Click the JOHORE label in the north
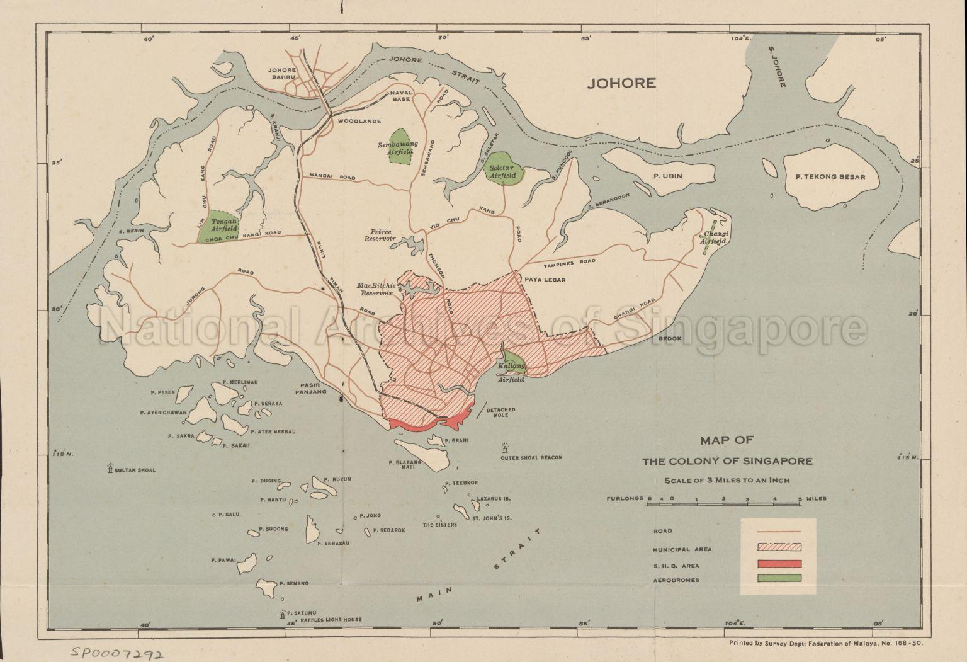pyautogui.click(x=621, y=83)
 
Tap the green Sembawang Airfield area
pyautogui.click(x=398, y=147)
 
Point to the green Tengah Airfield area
pyautogui.click(x=215, y=227)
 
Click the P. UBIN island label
pyautogui.click(x=669, y=177)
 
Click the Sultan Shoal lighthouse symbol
pyautogui.click(x=110, y=469)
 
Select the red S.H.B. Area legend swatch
pyautogui.click(x=779, y=564)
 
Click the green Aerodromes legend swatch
pyautogui.click(x=779, y=578)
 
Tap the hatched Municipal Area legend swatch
pyautogui.click(x=779, y=548)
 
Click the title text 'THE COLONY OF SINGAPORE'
pyautogui.click(x=727, y=461)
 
